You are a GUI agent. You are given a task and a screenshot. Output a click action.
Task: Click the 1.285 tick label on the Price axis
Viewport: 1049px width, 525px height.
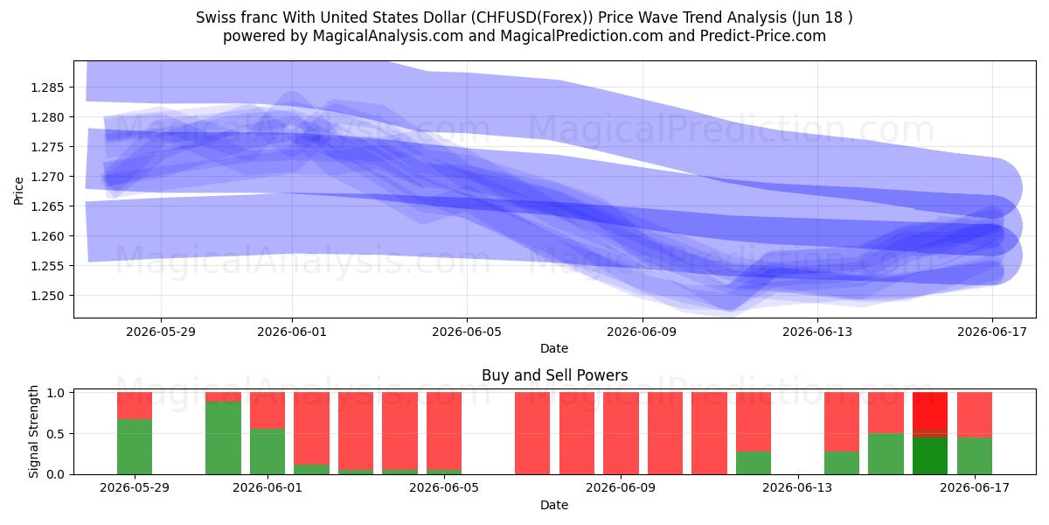click(47, 87)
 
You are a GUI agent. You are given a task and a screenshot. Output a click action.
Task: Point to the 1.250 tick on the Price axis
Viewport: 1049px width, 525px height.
click(47, 296)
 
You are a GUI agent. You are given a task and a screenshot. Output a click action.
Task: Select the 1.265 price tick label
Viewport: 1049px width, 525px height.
click(47, 206)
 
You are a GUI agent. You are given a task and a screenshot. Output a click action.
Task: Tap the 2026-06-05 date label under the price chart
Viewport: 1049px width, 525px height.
click(467, 332)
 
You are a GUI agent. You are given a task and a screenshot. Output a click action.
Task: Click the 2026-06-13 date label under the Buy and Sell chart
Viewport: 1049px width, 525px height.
click(797, 488)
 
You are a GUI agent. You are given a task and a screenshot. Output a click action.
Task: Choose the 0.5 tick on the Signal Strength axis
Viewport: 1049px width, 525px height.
click(56, 434)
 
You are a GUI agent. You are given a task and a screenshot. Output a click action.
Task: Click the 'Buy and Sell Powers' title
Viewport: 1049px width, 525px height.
click(554, 375)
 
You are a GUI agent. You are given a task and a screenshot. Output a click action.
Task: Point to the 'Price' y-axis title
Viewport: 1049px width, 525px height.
click(18, 191)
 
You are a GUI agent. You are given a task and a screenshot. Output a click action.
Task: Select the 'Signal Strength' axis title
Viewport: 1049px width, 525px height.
click(33, 431)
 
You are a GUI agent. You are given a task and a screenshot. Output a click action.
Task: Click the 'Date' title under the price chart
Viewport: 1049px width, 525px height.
click(554, 348)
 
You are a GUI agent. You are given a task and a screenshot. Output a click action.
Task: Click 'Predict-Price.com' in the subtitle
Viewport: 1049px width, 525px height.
click(763, 36)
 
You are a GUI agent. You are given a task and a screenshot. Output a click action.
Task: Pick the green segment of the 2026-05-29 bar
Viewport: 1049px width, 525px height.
click(135, 447)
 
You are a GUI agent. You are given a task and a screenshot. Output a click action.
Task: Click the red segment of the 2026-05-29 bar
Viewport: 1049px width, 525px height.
click(135, 405)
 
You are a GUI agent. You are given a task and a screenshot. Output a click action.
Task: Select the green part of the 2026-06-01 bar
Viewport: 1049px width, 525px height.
click(267, 451)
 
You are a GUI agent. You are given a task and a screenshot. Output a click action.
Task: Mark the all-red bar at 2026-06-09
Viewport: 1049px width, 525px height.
click(621, 433)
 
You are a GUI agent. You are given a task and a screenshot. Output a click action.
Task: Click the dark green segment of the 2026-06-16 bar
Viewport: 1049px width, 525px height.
click(930, 456)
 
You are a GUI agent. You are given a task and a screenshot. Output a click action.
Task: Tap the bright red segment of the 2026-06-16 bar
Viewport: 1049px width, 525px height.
click(930, 410)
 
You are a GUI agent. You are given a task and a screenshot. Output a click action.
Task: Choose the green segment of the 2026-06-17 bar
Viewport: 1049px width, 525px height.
click(975, 456)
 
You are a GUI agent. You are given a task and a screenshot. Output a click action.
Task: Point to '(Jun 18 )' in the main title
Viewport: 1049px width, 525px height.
click(823, 17)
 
